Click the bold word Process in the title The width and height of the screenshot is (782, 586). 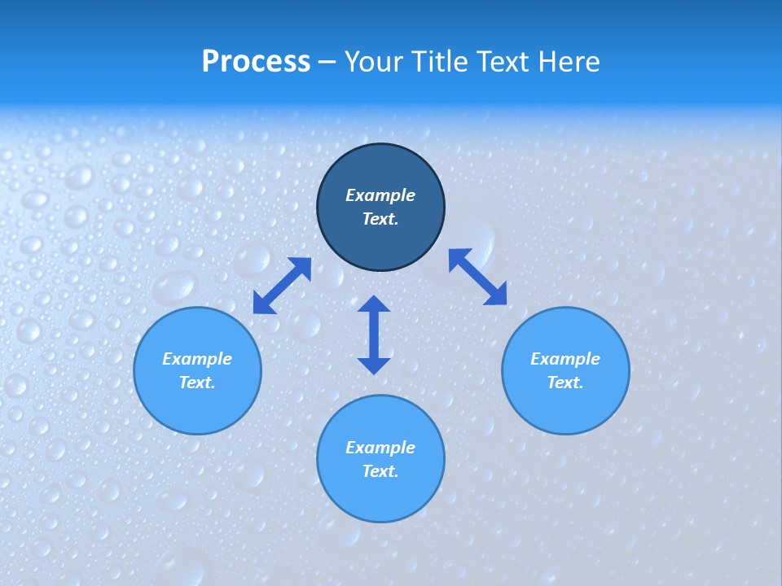pos(256,62)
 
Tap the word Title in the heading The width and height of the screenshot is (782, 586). pos(439,62)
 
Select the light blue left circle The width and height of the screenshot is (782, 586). pos(197,407)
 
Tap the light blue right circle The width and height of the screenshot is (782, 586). pos(565,407)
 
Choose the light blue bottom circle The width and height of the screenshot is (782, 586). pos(380,496)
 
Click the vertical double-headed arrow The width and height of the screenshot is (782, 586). pos(374,335)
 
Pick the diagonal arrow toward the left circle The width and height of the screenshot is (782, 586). pos(282,286)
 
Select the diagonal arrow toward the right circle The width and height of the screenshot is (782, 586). pos(477,278)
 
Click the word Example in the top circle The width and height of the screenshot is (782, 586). pos(380,195)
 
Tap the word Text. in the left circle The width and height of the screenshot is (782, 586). pos(197,383)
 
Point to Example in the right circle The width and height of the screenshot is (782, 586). pos(565,359)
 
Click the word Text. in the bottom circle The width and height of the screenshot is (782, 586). pos(380,471)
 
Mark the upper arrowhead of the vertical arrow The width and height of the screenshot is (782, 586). pos(374,305)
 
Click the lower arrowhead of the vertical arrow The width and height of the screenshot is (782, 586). pos(374,365)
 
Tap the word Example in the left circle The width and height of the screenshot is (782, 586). pos(197,359)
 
